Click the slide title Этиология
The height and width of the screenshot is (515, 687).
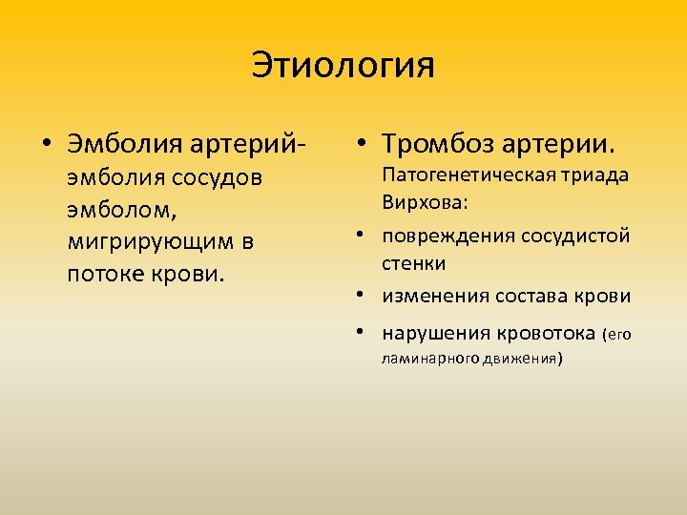(343, 67)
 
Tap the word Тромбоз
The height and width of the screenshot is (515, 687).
(437, 144)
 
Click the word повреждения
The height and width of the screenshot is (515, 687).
(444, 236)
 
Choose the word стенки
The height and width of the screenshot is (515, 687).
(414, 262)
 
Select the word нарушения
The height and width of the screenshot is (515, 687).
(434, 333)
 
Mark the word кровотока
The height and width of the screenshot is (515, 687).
(543, 333)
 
